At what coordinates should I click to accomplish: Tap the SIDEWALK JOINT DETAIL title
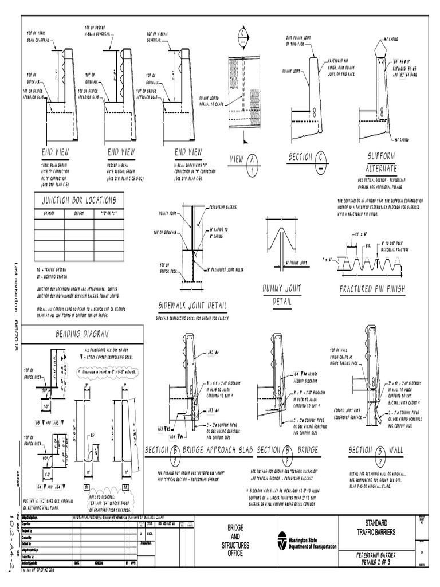pos(192,304)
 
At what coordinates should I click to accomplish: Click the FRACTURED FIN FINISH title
pos(372,289)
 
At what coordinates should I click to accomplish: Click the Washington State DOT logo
pos(282,541)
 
